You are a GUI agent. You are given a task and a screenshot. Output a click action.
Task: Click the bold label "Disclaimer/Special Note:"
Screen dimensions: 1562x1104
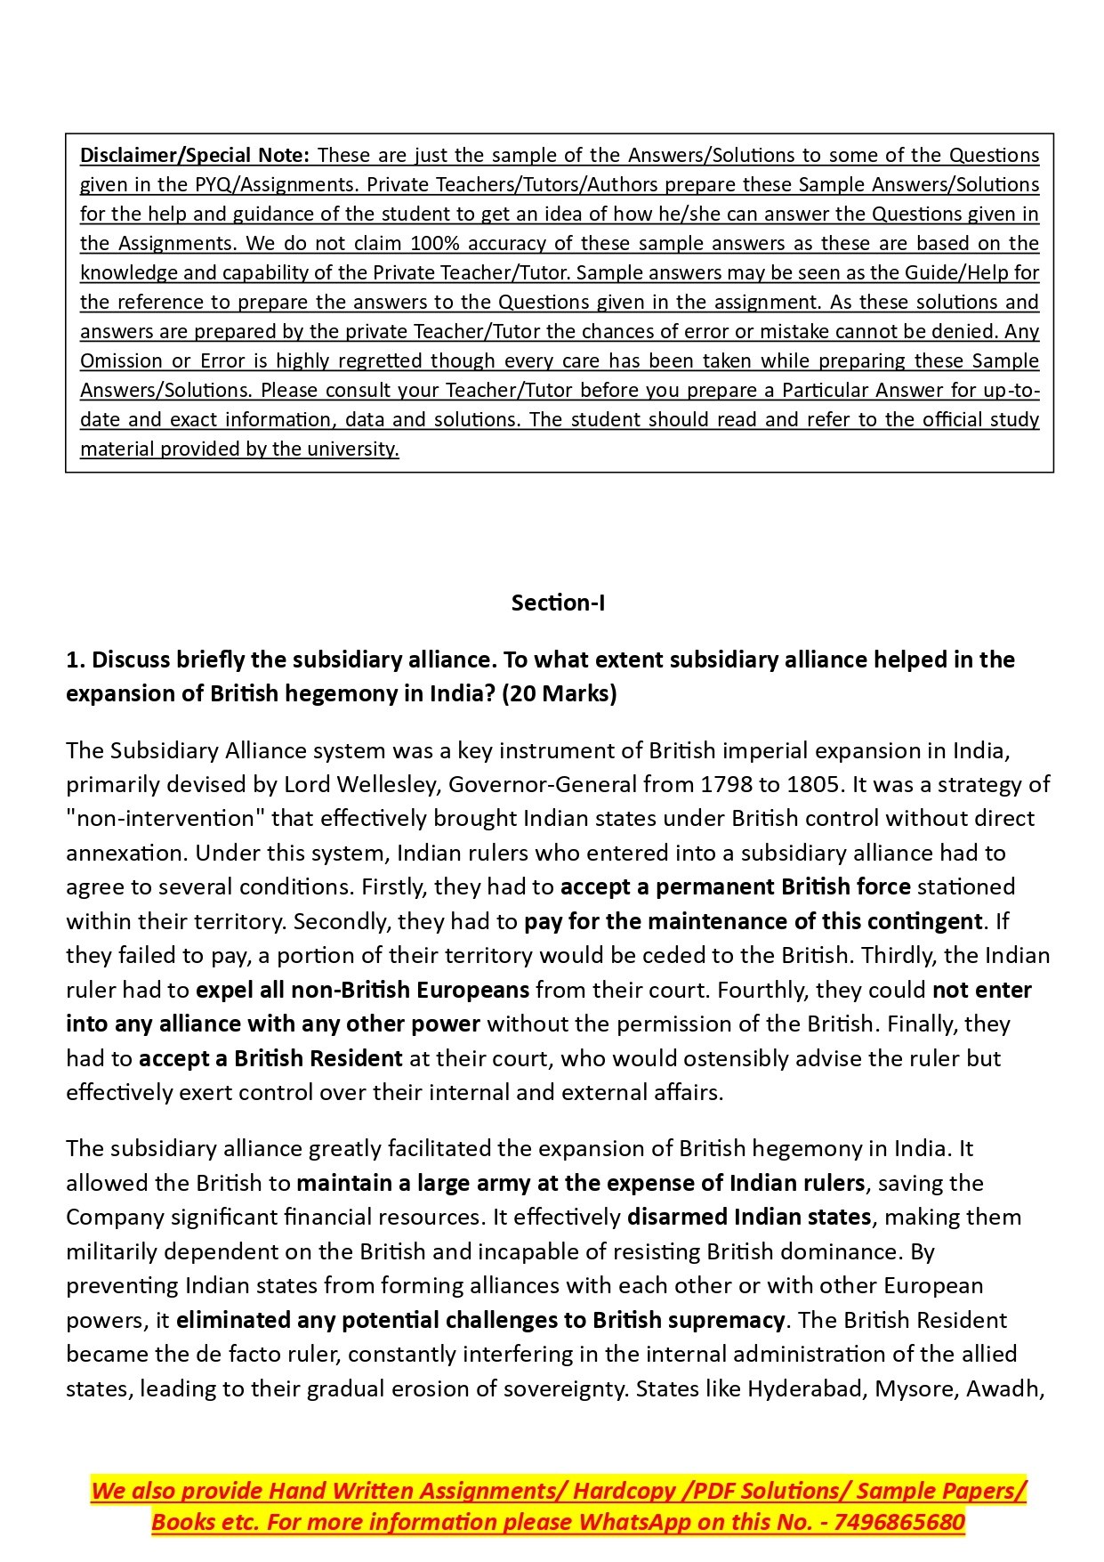tap(194, 155)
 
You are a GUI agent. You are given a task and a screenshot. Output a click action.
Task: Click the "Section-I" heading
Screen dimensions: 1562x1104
tap(558, 603)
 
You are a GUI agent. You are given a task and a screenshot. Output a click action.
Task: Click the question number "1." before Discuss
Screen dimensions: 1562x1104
tap(76, 660)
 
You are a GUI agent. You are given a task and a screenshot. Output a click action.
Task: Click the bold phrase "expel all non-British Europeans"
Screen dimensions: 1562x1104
tap(362, 990)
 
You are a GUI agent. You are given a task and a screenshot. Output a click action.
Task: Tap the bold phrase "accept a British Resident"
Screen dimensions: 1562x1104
tap(270, 1058)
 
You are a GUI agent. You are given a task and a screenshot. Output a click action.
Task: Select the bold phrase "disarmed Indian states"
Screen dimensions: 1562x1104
tap(749, 1217)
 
